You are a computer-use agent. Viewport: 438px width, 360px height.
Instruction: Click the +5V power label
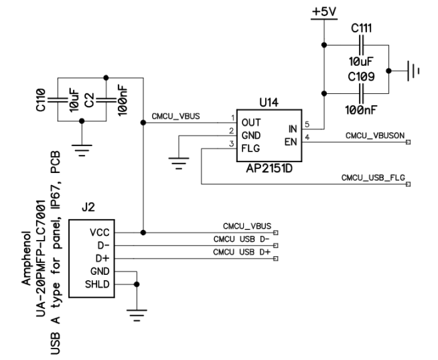pyautogui.click(x=323, y=13)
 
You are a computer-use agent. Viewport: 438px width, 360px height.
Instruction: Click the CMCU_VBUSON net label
pyautogui.click(x=374, y=135)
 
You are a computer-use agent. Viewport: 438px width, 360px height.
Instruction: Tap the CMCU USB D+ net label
pyautogui.click(x=242, y=252)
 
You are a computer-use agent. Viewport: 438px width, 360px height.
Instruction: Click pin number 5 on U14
pyautogui.click(x=307, y=124)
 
